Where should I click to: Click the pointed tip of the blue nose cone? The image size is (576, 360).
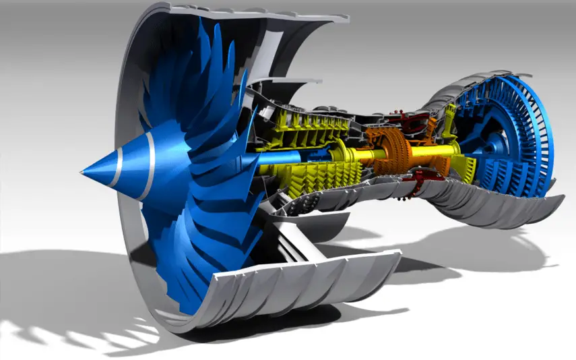pyautogui.click(x=81, y=173)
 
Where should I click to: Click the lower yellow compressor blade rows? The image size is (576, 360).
pyautogui.click(x=317, y=182)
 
